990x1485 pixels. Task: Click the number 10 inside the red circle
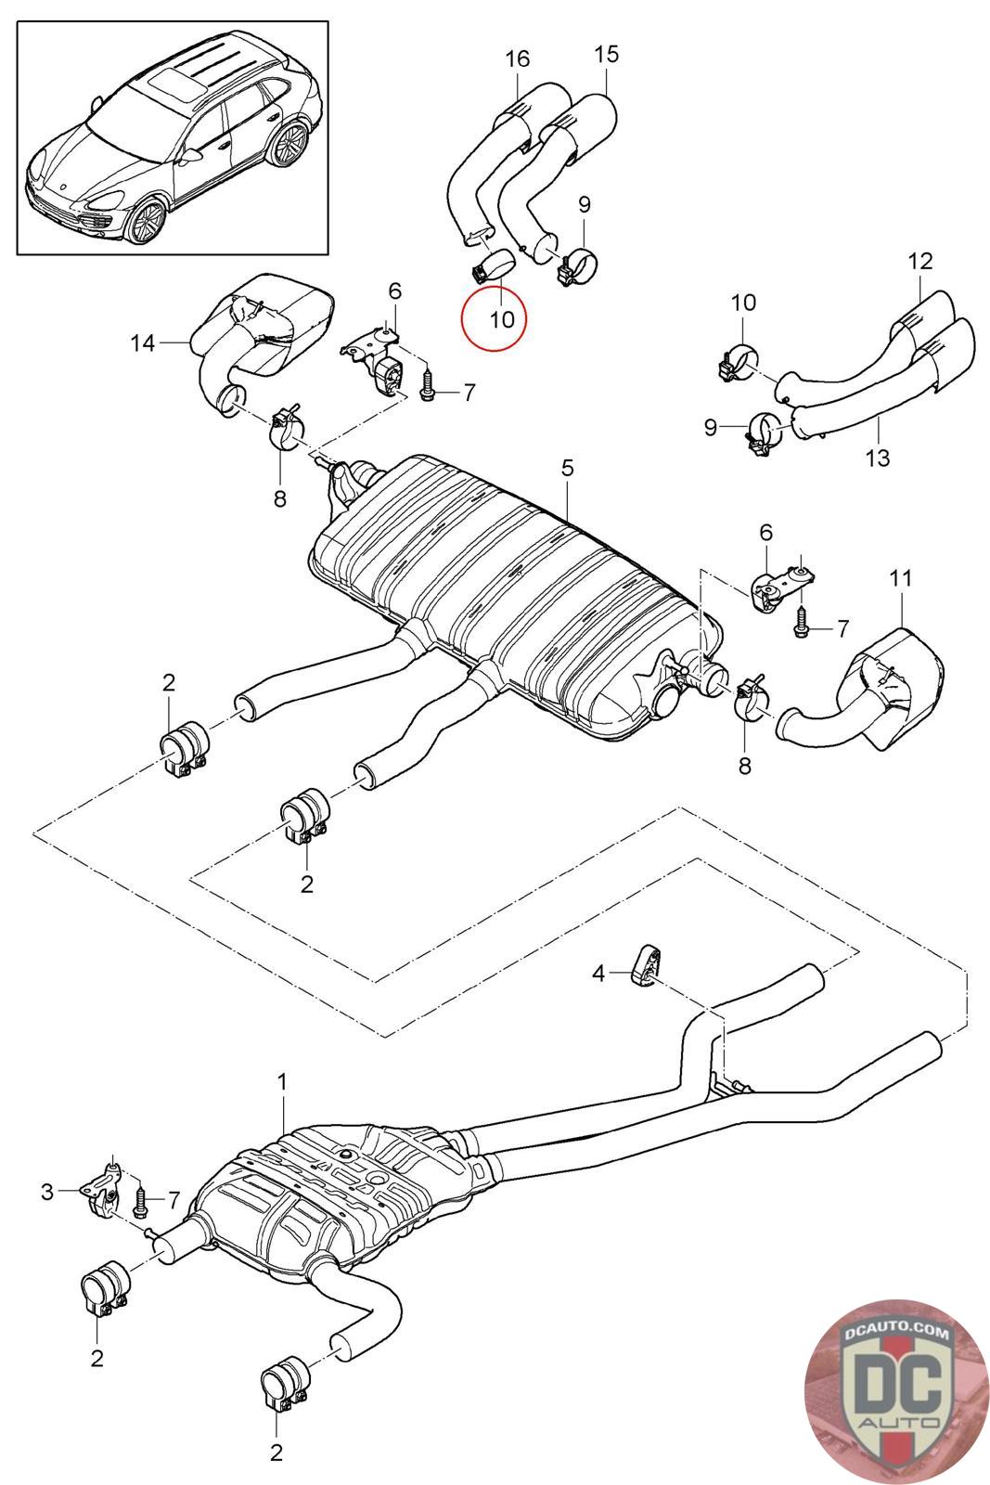tap(500, 319)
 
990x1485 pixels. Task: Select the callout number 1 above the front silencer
tap(282, 1081)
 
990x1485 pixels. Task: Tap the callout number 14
tap(142, 343)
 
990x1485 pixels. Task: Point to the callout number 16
tap(517, 59)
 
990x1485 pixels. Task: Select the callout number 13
tap(877, 457)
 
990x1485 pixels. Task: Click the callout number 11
tap(901, 579)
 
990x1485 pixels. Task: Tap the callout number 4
tap(598, 973)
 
